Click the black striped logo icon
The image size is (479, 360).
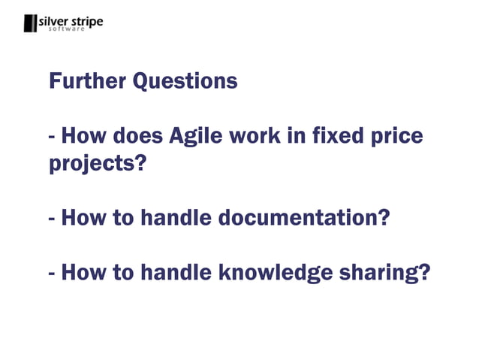29,23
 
